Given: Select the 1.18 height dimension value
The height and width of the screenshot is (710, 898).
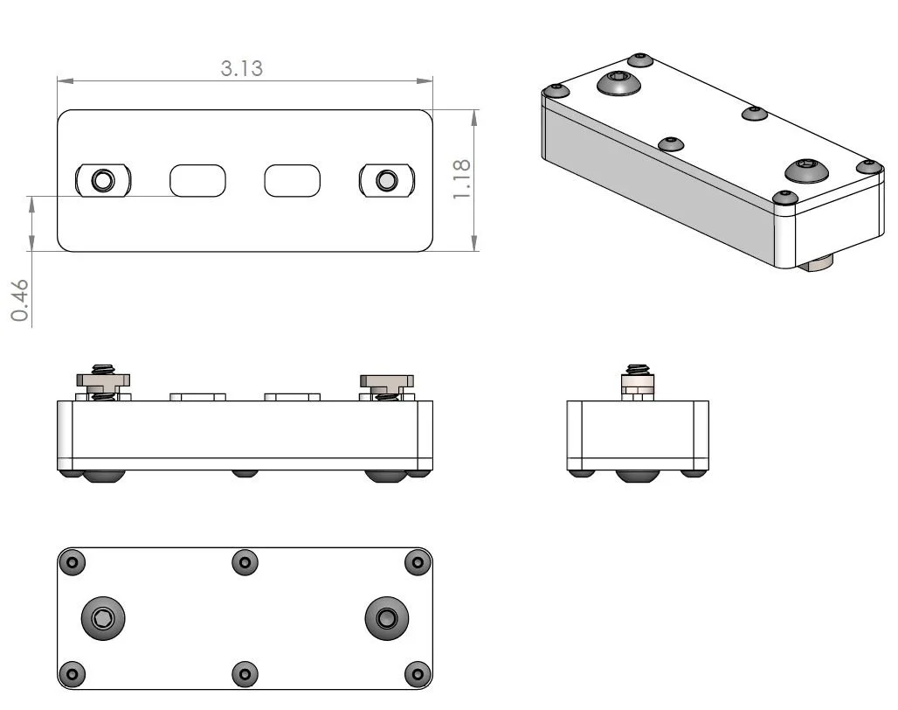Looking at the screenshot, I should coord(462,178).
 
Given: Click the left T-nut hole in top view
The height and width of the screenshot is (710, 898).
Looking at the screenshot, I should coord(103,181).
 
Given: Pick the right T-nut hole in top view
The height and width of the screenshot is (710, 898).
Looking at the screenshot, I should coord(385,181).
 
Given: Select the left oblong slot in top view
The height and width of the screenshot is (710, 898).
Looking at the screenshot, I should coord(197,181).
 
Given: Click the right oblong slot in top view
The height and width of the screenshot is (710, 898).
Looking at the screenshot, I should coord(293,181).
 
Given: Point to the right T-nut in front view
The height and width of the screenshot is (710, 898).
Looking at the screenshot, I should coord(387,380).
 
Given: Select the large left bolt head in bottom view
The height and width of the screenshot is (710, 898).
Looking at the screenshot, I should coord(103,619).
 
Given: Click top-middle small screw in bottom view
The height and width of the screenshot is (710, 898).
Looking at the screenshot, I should coord(245,562).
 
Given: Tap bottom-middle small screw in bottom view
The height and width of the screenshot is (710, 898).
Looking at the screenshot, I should coord(245,674).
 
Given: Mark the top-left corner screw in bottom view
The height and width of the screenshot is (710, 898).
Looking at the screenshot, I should coord(73,562).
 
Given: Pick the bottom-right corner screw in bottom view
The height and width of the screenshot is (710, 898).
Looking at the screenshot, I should coord(418,674).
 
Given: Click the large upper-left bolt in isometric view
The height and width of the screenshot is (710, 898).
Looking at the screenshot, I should coord(619,83).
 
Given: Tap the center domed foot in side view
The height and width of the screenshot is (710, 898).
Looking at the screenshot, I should coord(638,476).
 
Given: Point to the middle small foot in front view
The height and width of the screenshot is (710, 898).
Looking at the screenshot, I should coord(245,474).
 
